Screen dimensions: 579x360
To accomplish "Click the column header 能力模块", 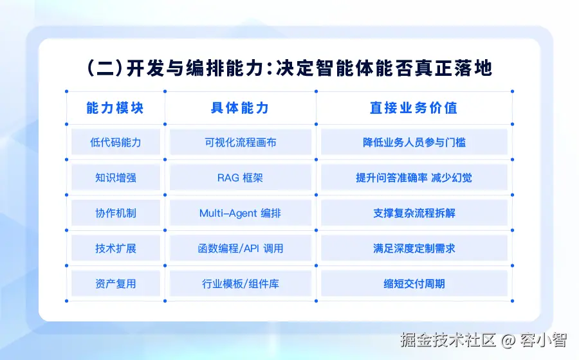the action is (x=115, y=108).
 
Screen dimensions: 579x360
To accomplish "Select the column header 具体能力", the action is (x=240, y=108).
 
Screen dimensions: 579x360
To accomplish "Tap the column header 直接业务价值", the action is (x=414, y=108).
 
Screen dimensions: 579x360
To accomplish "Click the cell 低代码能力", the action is (x=116, y=142).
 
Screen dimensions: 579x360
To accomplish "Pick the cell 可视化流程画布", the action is (x=241, y=142).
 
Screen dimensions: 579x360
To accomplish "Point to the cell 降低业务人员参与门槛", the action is (x=414, y=142).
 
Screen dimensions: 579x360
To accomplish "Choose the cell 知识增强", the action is (x=116, y=177).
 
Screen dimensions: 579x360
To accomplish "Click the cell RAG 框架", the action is (x=241, y=177).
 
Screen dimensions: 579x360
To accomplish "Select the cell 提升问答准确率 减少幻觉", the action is (x=414, y=177).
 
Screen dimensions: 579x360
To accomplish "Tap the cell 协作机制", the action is (x=116, y=213).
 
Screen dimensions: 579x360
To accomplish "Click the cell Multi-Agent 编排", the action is (x=241, y=213).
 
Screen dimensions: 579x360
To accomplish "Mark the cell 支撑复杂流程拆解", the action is (x=414, y=213).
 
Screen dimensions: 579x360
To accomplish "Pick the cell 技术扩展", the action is (x=116, y=248).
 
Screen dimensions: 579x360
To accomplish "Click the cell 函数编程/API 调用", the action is (x=241, y=248).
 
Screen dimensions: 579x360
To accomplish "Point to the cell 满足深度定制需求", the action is (x=414, y=248).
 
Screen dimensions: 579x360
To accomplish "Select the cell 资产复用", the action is (x=116, y=283).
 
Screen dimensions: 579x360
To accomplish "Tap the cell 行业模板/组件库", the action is (x=241, y=283).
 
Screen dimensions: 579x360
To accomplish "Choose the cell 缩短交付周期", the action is (x=414, y=283).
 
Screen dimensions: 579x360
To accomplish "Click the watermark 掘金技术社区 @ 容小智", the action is (x=484, y=339).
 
